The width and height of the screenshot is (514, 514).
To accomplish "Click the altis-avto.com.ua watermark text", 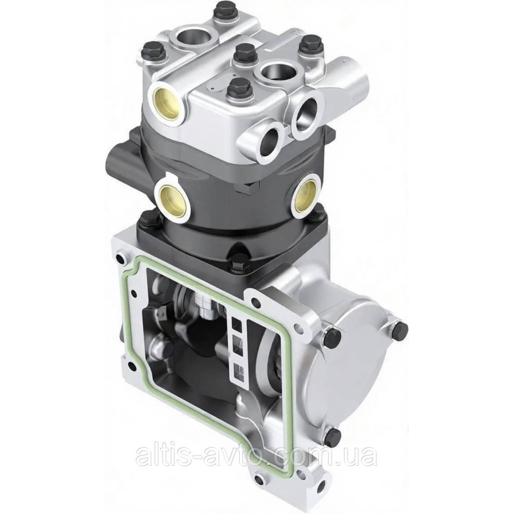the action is (256, 455).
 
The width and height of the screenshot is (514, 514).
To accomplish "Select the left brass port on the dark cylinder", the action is (173, 200).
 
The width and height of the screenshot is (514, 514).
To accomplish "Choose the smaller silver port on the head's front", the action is (268, 141).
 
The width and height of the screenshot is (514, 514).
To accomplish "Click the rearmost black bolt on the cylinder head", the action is (224, 19).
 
